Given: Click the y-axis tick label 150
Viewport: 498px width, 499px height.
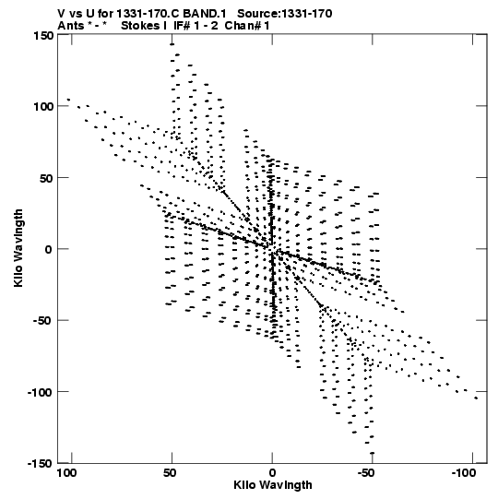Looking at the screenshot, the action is [x=43, y=35].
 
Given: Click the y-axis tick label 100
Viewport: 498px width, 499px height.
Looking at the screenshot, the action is [x=43, y=106].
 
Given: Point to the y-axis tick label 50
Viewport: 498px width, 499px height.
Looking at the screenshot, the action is [x=47, y=178].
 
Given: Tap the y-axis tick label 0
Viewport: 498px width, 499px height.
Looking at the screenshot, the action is [x=48, y=249].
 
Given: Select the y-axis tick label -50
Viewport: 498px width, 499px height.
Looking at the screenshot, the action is [x=43, y=320].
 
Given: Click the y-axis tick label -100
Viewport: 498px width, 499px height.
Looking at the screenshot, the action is [x=40, y=392].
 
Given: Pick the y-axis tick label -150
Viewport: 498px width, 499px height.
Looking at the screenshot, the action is [x=40, y=463].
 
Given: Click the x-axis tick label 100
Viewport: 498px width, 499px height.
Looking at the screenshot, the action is [x=66, y=473].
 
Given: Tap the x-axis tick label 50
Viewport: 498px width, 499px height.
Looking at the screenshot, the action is [x=170, y=473].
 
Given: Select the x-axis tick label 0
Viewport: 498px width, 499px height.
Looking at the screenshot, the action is [x=272, y=473].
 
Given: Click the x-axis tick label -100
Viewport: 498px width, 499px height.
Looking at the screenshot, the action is [x=463, y=473].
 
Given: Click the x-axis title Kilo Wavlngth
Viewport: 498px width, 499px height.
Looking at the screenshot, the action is [x=273, y=485].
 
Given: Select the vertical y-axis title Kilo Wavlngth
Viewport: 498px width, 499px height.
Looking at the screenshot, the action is [x=18, y=248].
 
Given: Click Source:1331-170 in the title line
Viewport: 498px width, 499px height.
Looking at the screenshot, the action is [x=285, y=14].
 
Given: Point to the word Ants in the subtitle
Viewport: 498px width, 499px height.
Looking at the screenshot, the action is [x=71, y=26].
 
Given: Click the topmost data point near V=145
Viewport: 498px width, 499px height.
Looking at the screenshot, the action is [x=172, y=44].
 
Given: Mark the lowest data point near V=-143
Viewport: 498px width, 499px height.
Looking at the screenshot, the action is [x=372, y=453].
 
